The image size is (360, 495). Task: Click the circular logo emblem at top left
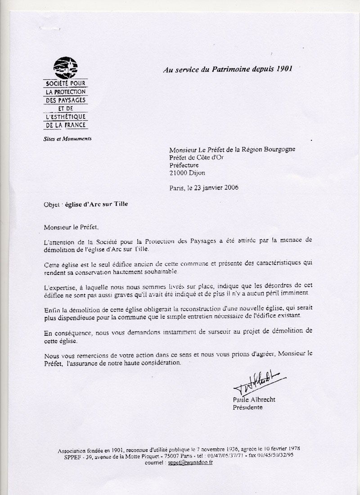click(66, 68)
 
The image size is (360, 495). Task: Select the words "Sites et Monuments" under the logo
click(70, 139)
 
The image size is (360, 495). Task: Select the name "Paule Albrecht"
click(253, 400)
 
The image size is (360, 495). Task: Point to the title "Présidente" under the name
click(247, 408)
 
